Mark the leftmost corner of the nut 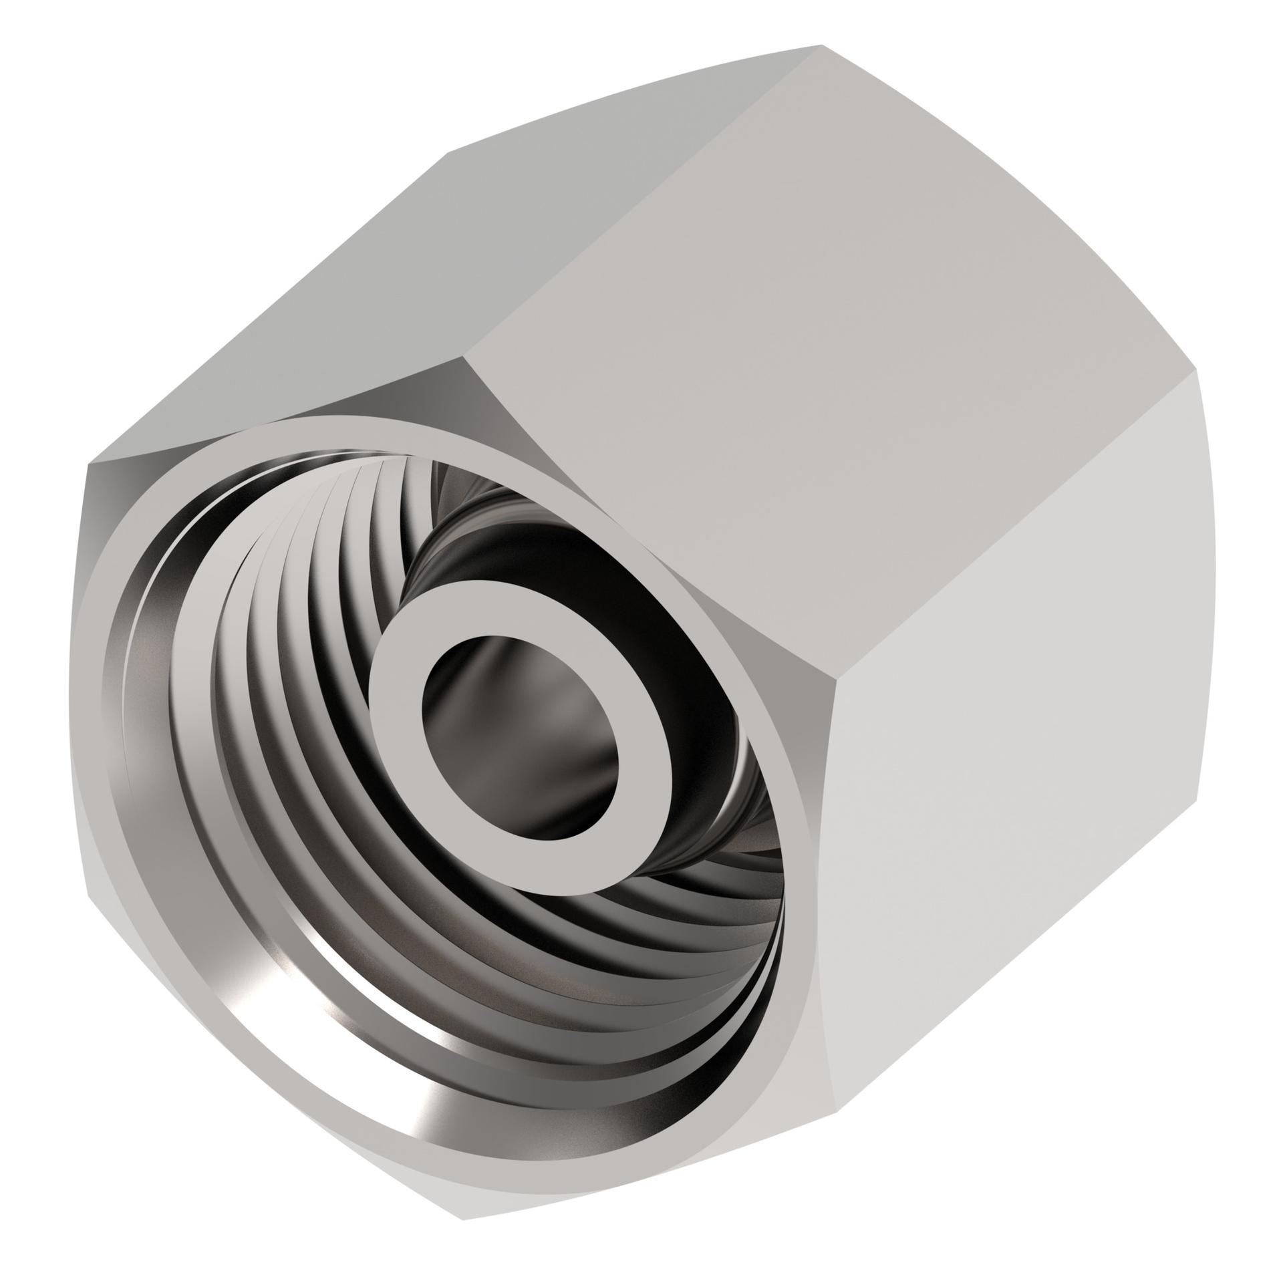pyautogui.click(x=88, y=468)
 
